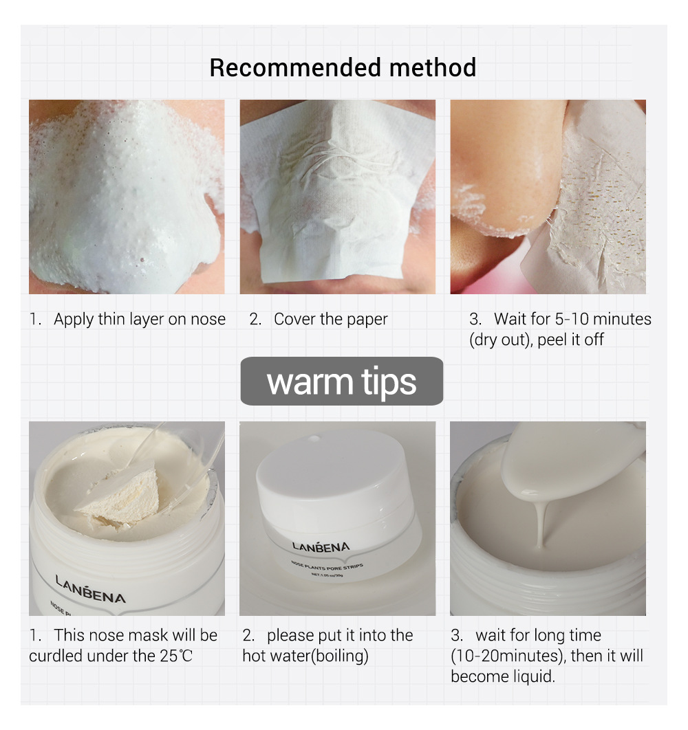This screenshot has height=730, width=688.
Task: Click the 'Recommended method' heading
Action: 343,68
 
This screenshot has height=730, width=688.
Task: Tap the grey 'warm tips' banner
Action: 341,381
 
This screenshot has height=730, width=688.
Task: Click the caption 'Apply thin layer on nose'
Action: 140,319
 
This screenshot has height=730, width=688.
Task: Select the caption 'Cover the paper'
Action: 330,319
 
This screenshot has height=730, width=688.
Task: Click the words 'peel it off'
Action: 570,340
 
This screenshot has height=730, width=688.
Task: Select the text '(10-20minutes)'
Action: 508,656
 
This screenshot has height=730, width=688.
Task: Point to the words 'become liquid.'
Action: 502,676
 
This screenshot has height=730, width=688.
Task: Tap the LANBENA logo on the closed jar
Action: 321,546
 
